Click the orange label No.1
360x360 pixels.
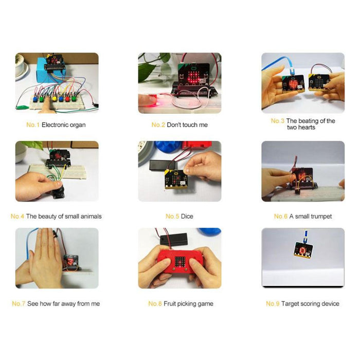pos(33,125)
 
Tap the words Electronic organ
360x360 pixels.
pos(64,125)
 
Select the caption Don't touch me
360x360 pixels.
pos(187,125)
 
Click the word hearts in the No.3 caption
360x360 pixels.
pos(306,128)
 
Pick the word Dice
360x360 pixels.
pos(187,217)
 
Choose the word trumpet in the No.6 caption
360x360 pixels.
pos(320,217)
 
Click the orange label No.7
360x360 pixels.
pos(19,304)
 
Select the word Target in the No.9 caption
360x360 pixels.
pos(292,304)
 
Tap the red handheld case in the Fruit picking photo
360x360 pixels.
pos(179,265)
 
